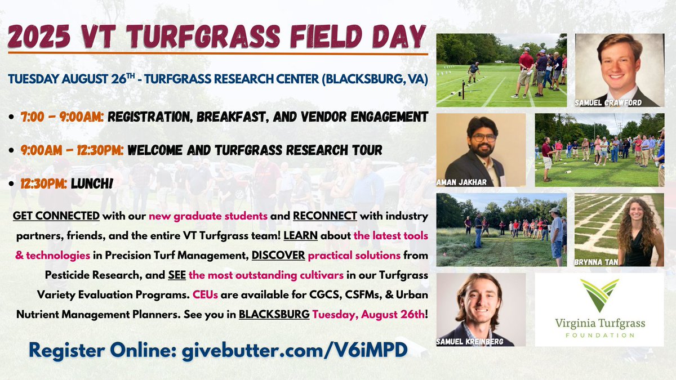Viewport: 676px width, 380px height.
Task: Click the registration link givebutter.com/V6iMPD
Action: pyautogui.click(x=293, y=348)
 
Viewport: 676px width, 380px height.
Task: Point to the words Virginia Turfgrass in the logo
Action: pyautogui.click(x=599, y=324)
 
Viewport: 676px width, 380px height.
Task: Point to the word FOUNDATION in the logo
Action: pyautogui.click(x=599, y=336)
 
